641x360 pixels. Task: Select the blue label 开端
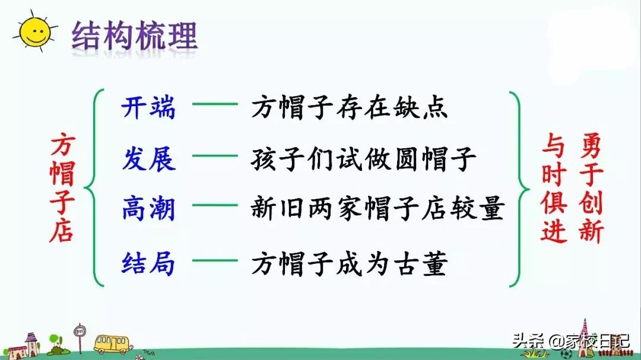148,108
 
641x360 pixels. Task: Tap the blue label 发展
148,160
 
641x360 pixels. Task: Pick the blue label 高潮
148,209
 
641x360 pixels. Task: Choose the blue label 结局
148,263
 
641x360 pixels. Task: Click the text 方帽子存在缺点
349,108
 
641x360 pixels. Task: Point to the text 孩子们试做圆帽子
364,160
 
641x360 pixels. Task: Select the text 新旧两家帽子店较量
377,209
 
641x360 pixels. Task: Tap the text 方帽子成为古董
348,263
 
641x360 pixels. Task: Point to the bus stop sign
79,336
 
